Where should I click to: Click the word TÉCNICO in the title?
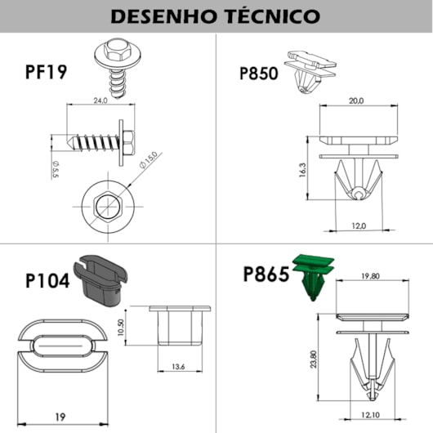(x=272, y=16)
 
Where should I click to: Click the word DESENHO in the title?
(x=163, y=16)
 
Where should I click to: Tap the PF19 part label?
(x=46, y=72)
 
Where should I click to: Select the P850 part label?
(x=259, y=74)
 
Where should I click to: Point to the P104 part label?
(x=47, y=281)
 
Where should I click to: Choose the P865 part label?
(x=266, y=274)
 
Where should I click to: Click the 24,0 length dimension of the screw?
(x=100, y=100)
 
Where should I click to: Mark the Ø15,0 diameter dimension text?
(x=149, y=160)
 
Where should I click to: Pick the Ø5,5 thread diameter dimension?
(x=56, y=170)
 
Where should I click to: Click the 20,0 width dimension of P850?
(x=356, y=101)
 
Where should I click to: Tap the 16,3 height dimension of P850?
(x=303, y=170)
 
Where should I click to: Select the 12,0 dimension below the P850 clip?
(x=359, y=226)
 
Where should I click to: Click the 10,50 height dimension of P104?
(x=121, y=328)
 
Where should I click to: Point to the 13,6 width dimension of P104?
(x=178, y=367)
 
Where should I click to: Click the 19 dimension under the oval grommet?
(x=60, y=417)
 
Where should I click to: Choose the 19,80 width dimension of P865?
(x=370, y=276)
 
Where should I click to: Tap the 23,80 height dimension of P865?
(x=314, y=359)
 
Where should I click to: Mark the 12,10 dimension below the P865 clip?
(x=371, y=415)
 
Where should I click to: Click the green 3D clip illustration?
(x=314, y=277)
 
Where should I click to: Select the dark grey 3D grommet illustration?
(x=100, y=280)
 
